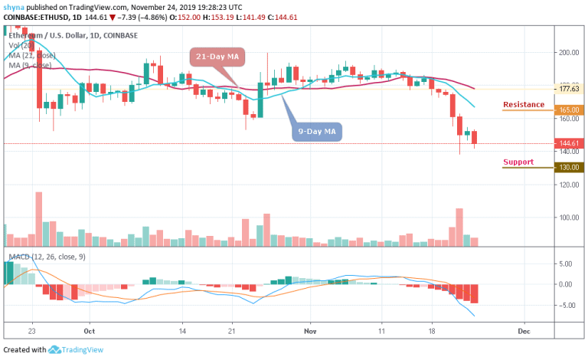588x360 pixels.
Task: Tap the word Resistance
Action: pos(524,104)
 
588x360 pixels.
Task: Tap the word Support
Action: pos(518,162)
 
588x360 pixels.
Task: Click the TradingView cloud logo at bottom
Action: pos(55,350)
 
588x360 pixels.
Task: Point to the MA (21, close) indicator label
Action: pos(31,54)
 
